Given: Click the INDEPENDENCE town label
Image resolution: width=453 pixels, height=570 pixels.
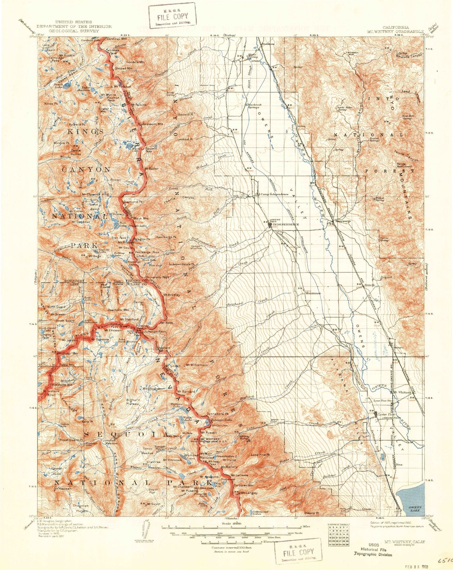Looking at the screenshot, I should [x=286, y=224].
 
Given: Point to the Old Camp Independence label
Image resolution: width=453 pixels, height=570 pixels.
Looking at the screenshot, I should [x=271, y=194].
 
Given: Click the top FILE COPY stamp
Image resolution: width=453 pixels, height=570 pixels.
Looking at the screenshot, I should [x=172, y=15].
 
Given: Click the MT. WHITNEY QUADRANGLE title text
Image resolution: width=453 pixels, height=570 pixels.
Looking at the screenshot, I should [x=396, y=31].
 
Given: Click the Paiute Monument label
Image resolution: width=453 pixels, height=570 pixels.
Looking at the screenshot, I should [x=405, y=165].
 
